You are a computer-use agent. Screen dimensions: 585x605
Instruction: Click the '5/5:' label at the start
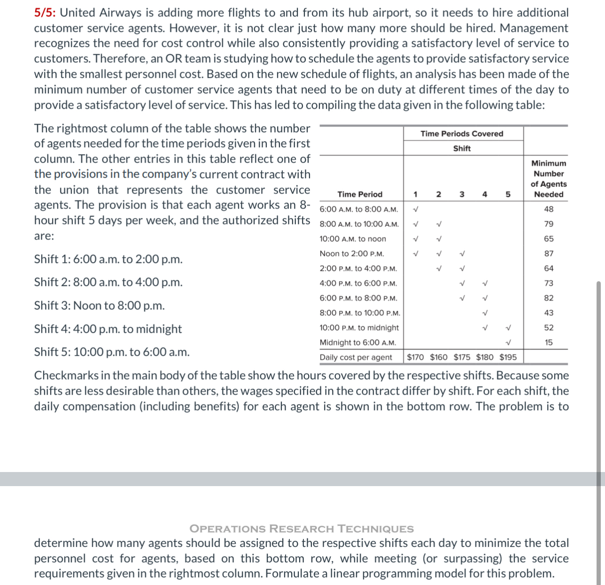45,13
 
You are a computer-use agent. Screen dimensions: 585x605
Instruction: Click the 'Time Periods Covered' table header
461,134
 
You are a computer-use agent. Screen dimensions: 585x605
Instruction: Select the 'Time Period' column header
360,194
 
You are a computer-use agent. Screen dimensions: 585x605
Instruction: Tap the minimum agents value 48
548,209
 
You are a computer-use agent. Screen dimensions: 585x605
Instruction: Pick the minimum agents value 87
548,254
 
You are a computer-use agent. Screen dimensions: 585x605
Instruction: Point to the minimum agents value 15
548,343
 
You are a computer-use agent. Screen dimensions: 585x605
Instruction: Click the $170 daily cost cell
416,357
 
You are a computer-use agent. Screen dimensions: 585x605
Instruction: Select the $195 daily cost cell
508,357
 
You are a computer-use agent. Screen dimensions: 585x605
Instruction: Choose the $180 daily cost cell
484,357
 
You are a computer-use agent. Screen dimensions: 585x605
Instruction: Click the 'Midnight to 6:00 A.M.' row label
357,343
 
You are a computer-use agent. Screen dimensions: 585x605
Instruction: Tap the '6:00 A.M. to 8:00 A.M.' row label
359,209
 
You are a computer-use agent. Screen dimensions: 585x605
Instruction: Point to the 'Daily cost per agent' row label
355,357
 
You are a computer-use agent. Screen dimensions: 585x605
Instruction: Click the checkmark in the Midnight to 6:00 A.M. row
508,343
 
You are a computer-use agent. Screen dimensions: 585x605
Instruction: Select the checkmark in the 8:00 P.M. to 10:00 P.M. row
485,313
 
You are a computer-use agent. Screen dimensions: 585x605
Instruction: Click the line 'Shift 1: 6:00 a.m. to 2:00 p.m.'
108,259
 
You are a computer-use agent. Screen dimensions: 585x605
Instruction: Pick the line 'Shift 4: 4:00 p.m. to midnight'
108,329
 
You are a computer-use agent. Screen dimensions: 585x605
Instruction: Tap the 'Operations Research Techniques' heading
302,529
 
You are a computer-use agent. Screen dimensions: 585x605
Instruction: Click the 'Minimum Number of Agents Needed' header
548,179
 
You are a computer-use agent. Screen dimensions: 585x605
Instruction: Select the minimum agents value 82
548,298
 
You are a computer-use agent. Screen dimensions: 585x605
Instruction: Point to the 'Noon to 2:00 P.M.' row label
352,254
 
